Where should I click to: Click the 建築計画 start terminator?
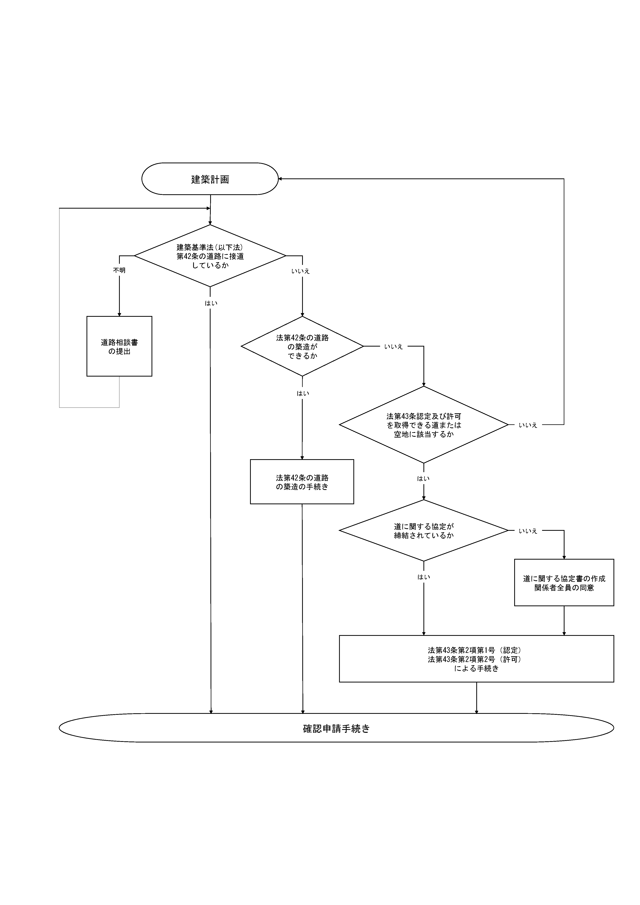coord(210,179)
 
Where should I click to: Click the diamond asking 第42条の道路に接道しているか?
coord(210,256)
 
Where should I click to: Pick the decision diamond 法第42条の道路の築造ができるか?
coord(302,347)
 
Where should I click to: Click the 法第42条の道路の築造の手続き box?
coord(302,482)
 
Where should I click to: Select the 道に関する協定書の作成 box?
coord(564,583)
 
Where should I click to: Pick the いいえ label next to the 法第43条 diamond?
coord(528,425)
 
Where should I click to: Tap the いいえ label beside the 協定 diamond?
coord(528,531)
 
